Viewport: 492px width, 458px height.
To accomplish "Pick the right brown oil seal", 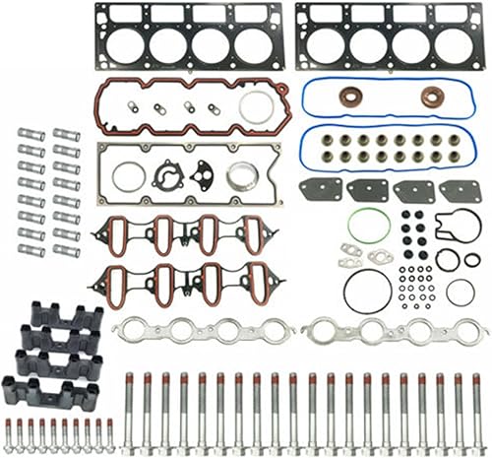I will [431, 97].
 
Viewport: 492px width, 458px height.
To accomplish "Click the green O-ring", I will [368, 225].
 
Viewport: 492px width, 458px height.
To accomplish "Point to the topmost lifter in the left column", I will [31, 135].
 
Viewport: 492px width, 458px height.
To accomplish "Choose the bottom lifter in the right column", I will [65, 250].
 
